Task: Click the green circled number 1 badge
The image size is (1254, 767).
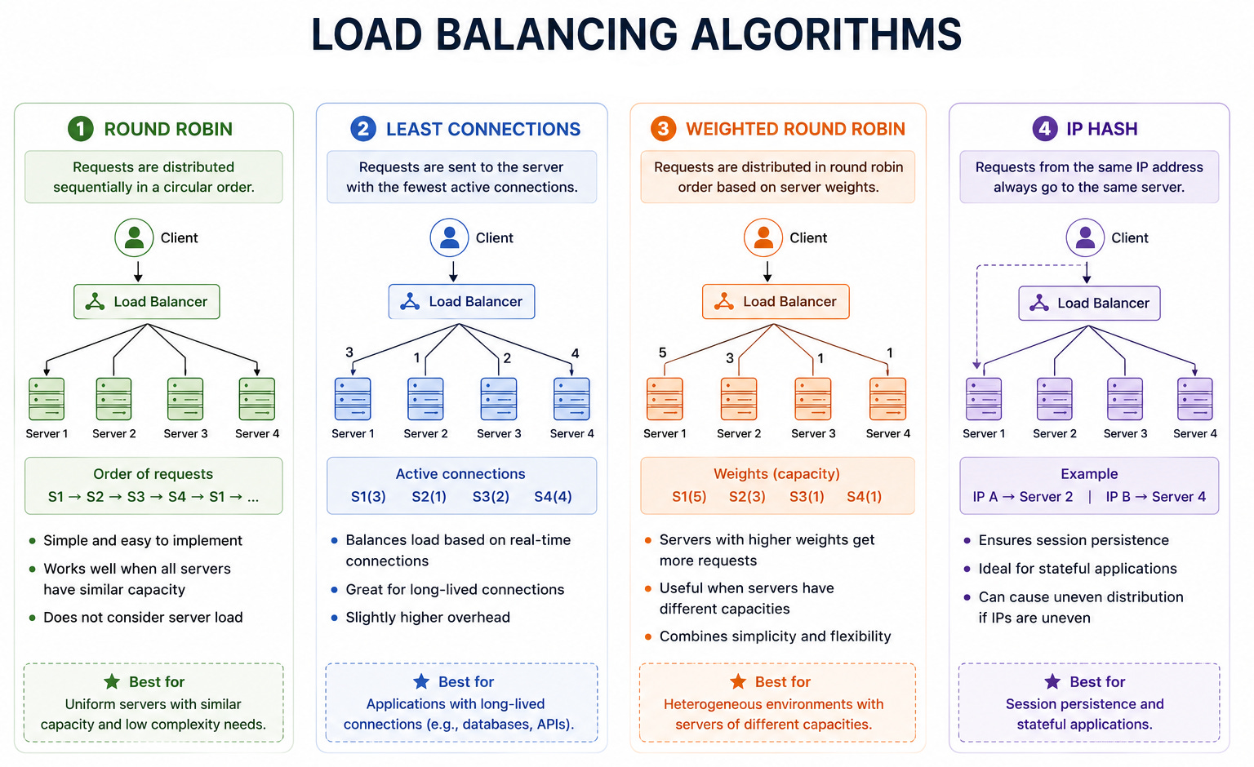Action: pos(81,129)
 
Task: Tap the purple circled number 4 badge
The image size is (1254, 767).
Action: pos(1045,129)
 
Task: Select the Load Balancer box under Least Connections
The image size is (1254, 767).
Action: pos(462,302)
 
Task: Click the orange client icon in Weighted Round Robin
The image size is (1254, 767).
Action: pos(763,237)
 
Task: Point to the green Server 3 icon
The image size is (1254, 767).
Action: pos(185,399)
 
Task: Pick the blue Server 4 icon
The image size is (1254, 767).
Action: pos(571,399)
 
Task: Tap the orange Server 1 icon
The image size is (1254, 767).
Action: pos(665,399)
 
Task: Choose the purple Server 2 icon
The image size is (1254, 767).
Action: pos(1054,399)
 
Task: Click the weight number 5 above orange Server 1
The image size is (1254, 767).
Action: pos(662,352)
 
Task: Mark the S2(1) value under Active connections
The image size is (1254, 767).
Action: pos(429,496)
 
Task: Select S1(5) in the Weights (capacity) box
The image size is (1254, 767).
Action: pos(689,496)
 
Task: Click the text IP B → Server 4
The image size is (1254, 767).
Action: pos(1155,496)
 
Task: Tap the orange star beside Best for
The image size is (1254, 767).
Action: pos(738,681)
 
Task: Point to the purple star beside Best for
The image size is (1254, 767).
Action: pos(1052,681)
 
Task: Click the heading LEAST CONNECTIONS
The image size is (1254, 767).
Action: pos(483,129)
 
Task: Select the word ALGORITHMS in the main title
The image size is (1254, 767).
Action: pos(826,35)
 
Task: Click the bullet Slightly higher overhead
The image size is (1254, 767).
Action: pos(428,617)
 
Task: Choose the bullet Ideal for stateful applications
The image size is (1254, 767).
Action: pos(1078,569)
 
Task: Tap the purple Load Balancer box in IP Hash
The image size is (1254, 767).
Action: pos(1089,304)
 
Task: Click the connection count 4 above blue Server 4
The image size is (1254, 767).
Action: pos(575,353)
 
